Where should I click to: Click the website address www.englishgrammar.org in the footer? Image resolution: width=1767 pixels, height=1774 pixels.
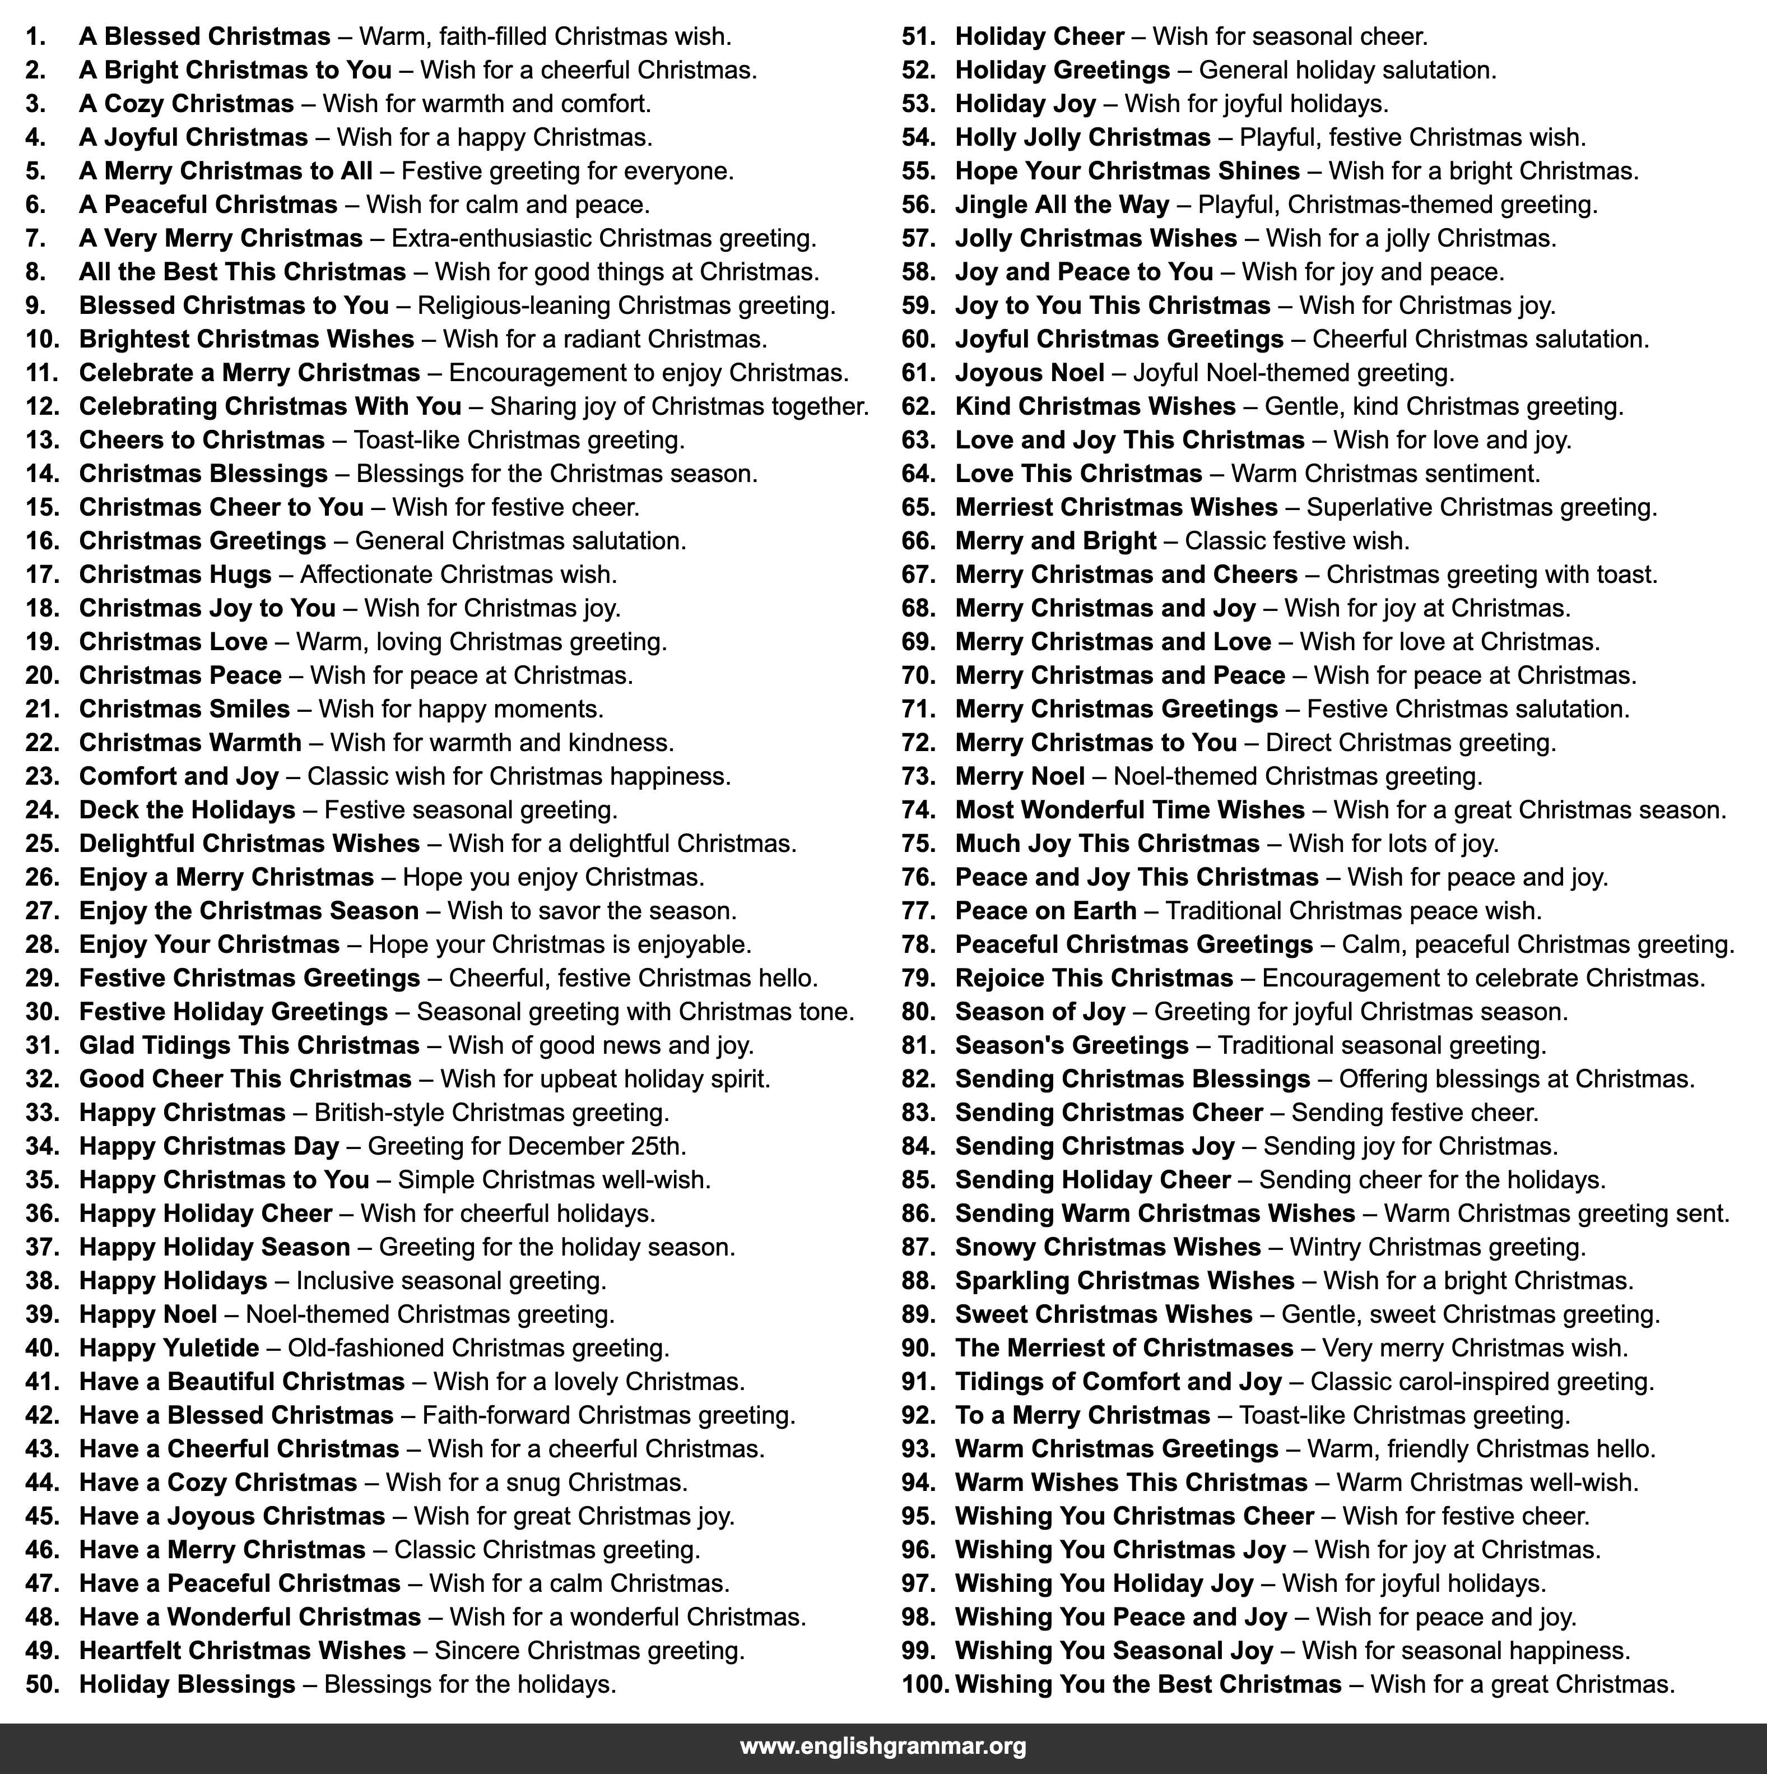[x=882, y=1745]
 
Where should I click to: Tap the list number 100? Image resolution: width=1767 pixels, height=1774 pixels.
[x=926, y=1684]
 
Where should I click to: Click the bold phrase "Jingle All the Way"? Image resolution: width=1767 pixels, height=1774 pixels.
[x=1062, y=205]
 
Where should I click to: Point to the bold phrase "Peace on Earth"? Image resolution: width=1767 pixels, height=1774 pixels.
[x=1045, y=911]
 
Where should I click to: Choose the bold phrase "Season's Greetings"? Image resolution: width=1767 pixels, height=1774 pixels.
[x=1071, y=1045]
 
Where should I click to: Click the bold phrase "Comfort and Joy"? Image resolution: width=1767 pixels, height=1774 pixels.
[x=179, y=776]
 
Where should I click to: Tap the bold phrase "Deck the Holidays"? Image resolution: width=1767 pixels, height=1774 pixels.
[x=187, y=810]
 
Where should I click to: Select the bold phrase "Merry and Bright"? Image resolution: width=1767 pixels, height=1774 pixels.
[x=1055, y=541]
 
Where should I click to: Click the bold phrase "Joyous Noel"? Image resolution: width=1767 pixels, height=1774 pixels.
[x=1030, y=373]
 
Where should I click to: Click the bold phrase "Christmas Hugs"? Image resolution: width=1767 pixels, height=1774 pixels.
[x=175, y=575]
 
